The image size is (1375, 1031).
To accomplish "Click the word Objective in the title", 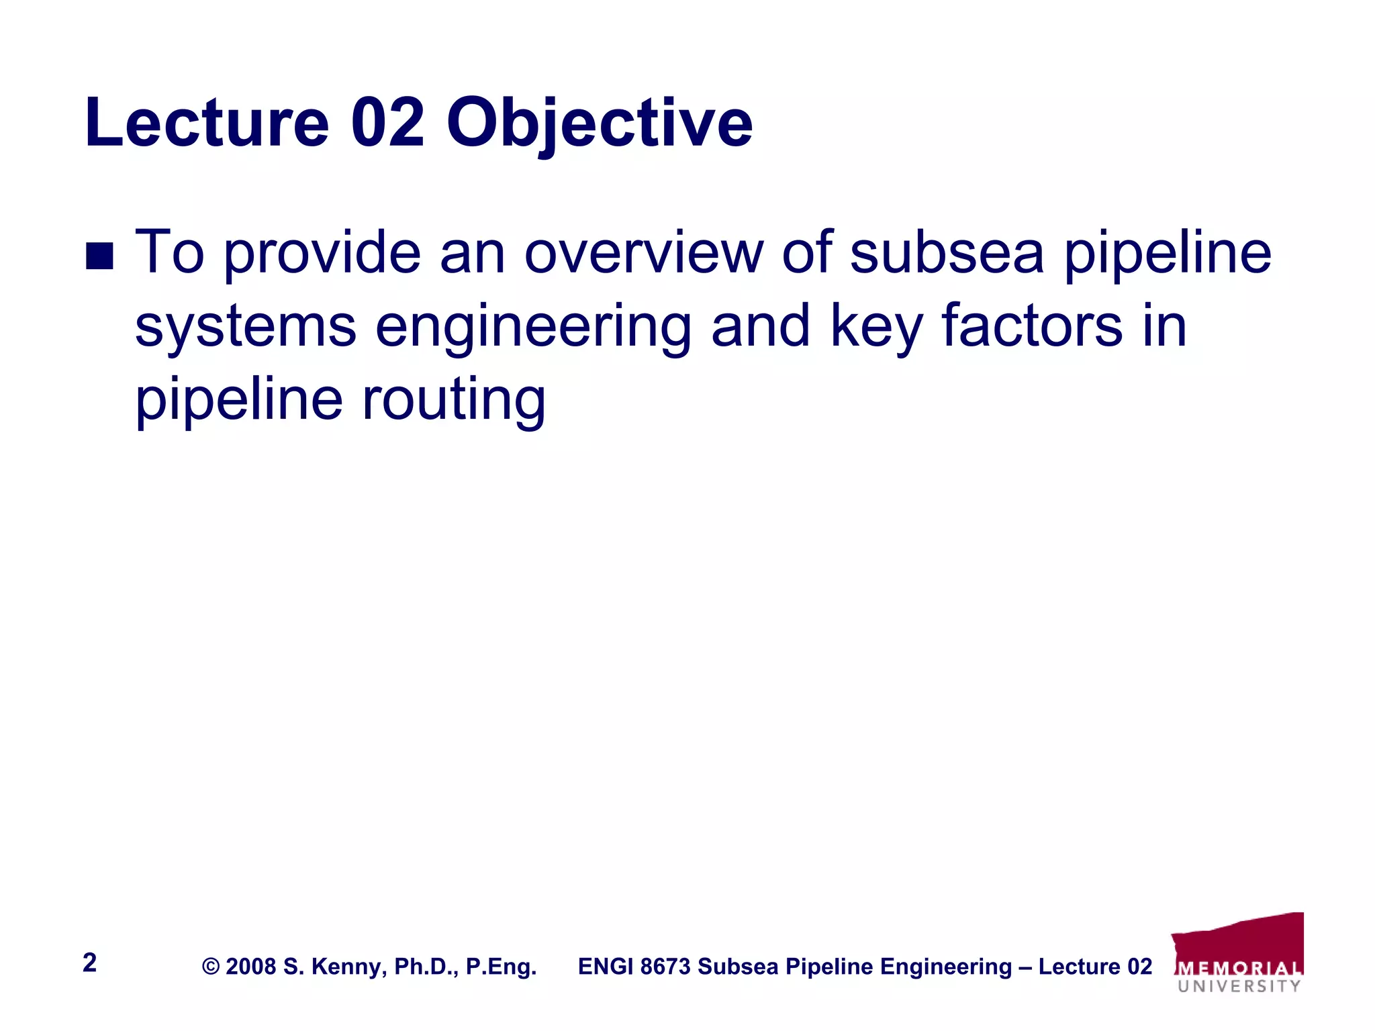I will [599, 124].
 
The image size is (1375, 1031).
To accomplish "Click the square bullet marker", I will [100, 256].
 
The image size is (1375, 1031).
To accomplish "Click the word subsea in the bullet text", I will [947, 253].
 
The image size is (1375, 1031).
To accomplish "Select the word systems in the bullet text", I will [245, 327].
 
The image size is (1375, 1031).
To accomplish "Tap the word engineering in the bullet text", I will [533, 327].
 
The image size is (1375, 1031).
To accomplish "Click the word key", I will [876, 327].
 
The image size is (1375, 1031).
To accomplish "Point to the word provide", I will [322, 253].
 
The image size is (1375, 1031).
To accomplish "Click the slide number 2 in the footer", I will [89, 963].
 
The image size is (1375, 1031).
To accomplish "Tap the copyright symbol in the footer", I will [211, 967].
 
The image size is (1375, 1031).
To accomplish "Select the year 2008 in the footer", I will [250, 967].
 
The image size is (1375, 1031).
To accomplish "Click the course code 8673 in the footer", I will [665, 967].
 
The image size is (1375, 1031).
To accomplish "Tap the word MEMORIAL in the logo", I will [1239, 969].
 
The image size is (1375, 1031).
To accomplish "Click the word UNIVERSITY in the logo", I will [1239, 986].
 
